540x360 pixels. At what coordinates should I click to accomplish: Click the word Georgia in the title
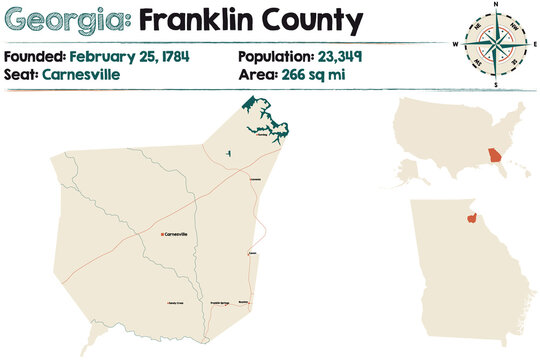click(x=65, y=19)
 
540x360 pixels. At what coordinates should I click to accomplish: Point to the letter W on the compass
click(x=455, y=45)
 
